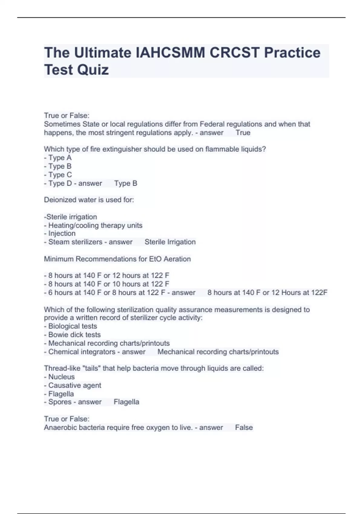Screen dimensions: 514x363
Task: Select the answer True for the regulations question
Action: click(x=243, y=133)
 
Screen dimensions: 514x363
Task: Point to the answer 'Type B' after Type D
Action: click(x=126, y=184)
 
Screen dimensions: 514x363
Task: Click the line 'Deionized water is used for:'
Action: click(x=89, y=200)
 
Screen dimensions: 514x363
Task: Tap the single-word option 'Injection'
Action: click(x=62, y=233)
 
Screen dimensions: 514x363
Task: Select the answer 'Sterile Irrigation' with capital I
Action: click(x=170, y=242)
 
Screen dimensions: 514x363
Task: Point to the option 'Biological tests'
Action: click(x=72, y=326)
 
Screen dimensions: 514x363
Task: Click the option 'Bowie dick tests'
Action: click(x=74, y=335)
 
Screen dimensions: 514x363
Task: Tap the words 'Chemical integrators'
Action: click(x=82, y=352)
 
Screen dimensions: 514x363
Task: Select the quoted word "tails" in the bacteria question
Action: click(x=91, y=368)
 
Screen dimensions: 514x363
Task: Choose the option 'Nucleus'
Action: click(x=61, y=377)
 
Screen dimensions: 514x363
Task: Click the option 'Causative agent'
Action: click(x=74, y=385)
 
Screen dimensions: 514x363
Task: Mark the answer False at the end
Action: click(x=244, y=428)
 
